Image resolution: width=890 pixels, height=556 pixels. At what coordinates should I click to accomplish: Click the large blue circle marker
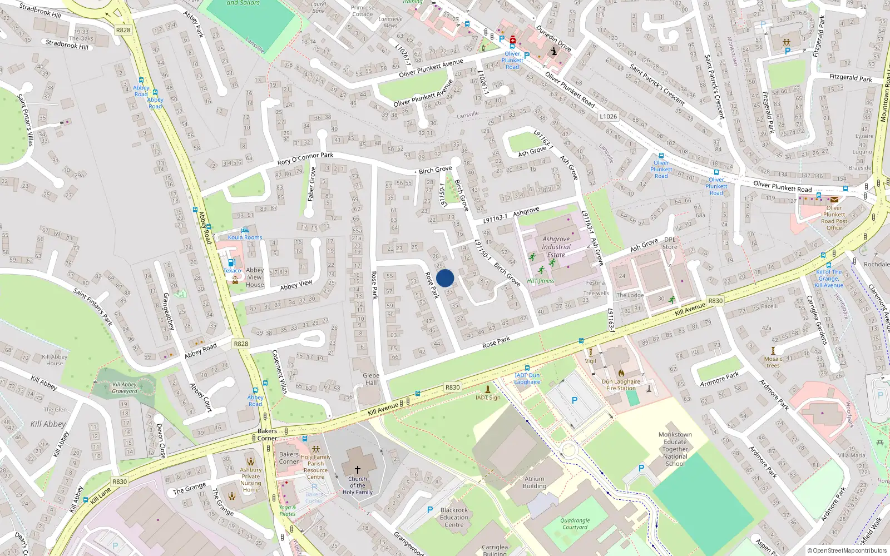pyautogui.click(x=445, y=278)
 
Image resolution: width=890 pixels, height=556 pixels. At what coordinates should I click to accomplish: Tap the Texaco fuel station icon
pyautogui.click(x=231, y=262)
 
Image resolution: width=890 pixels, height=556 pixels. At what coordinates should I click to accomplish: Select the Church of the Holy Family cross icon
pyautogui.click(x=357, y=470)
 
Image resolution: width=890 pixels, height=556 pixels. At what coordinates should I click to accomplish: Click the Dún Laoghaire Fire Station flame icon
pyautogui.click(x=621, y=373)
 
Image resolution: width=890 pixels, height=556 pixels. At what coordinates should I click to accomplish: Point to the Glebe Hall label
pyautogui.click(x=371, y=379)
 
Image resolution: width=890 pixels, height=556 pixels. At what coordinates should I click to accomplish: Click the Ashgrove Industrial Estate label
pyautogui.click(x=556, y=247)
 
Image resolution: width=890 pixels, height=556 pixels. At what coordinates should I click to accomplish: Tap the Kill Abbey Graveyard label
pyautogui.click(x=125, y=388)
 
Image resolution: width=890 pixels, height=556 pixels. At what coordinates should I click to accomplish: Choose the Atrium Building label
pyautogui.click(x=534, y=482)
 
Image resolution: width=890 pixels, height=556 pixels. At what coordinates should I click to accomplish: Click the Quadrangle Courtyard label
pyautogui.click(x=575, y=524)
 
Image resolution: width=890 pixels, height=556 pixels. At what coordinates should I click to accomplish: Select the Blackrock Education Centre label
pyautogui.click(x=454, y=517)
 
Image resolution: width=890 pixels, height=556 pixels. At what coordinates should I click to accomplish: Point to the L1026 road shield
pyautogui.click(x=608, y=116)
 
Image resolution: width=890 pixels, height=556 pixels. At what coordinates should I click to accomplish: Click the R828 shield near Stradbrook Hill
pyautogui.click(x=123, y=30)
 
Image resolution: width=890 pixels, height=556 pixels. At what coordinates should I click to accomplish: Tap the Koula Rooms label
pyautogui.click(x=245, y=237)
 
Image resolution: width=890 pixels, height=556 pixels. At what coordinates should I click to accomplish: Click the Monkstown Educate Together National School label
pyautogui.click(x=675, y=449)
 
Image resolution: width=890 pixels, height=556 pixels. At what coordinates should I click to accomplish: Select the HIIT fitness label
pyautogui.click(x=541, y=281)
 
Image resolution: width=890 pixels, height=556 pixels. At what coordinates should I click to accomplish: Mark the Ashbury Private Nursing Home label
pyautogui.click(x=251, y=480)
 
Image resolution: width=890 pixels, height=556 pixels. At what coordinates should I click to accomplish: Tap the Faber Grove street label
pyautogui.click(x=311, y=184)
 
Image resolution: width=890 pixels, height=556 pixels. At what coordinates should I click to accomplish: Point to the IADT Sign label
pyautogui.click(x=488, y=398)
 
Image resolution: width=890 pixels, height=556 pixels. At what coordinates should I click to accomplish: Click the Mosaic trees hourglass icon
pyautogui.click(x=773, y=351)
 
